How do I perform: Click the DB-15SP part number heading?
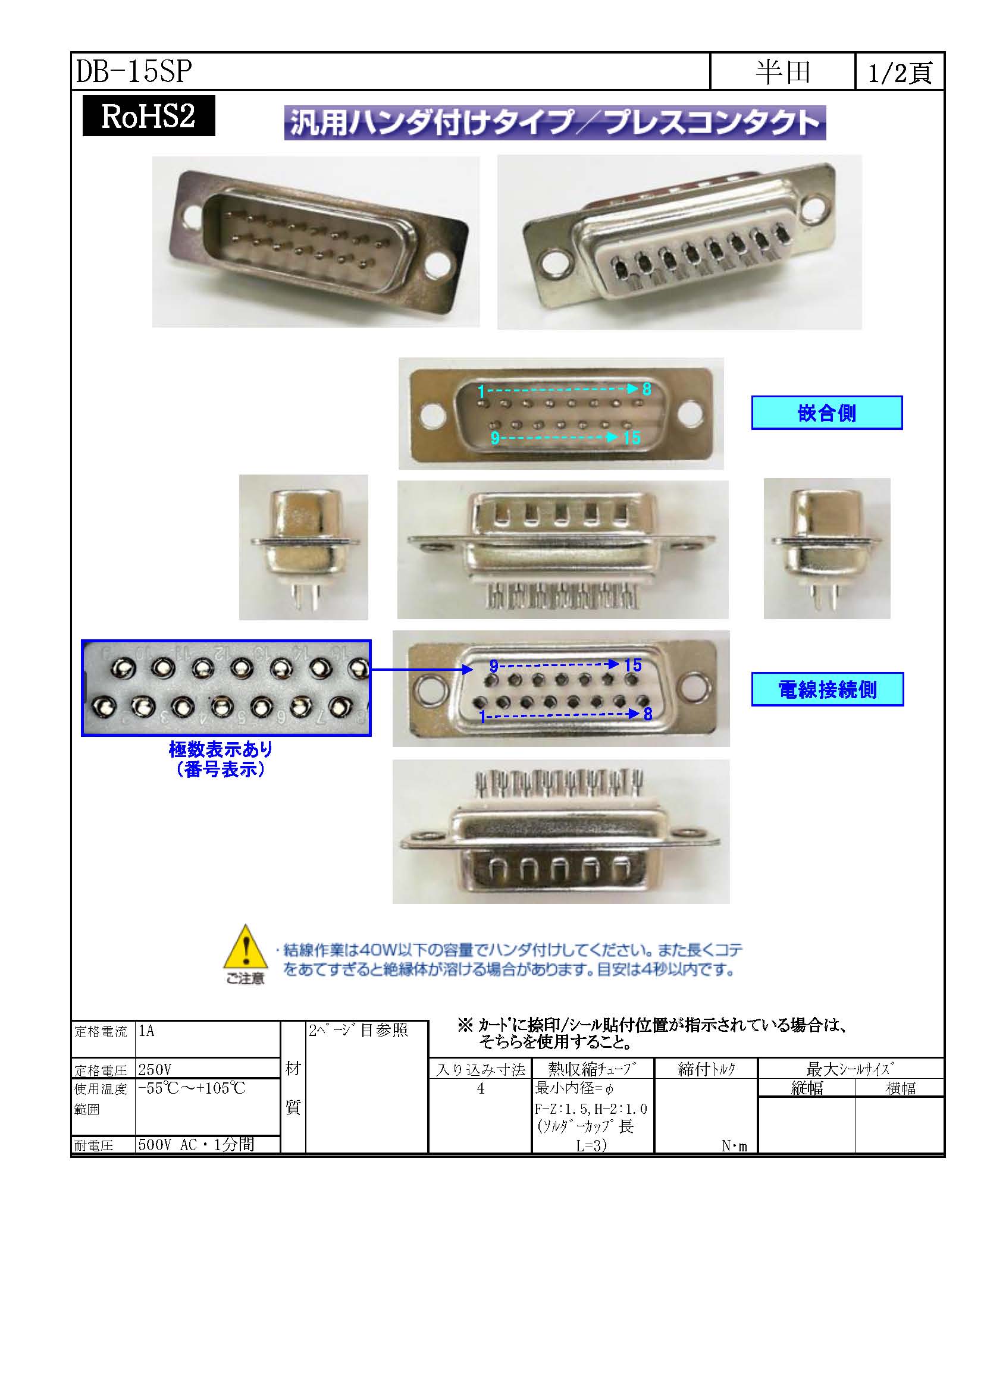tap(134, 71)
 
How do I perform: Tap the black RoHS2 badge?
tap(149, 116)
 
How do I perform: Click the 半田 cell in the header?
tap(783, 72)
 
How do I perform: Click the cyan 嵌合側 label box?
tap(827, 413)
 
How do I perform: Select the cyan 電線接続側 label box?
tap(827, 689)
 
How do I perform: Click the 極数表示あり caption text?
tap(221, 750)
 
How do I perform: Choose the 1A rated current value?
tap(146, 1031)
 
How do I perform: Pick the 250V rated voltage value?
tap(155, 1069)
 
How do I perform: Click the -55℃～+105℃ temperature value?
tap(192, 1088)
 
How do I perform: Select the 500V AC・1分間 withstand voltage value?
tap(196, 1144)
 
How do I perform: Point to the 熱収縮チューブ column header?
tap(593, 1069)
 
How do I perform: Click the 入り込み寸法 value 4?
tap(481, 1089)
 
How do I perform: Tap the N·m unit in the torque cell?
tap(734, 1145)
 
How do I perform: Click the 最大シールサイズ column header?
tap(850, 1069)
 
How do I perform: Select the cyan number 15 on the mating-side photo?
tap(632, 438)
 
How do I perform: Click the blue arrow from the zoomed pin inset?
tap(422, 670)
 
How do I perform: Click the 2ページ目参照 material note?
tap(358, 1031)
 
